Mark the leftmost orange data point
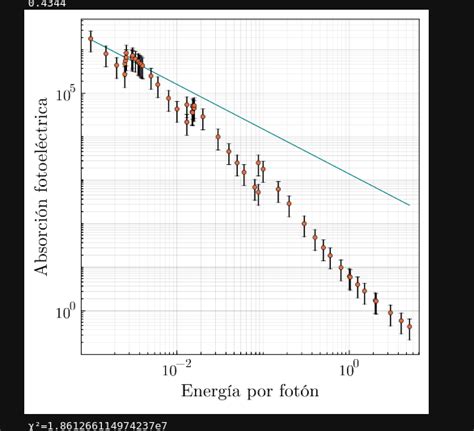91,41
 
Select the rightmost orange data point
409,327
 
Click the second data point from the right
401,320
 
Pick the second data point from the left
106,53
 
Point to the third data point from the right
390,312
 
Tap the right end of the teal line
410,205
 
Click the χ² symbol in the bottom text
34,425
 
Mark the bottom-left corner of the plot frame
81,355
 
